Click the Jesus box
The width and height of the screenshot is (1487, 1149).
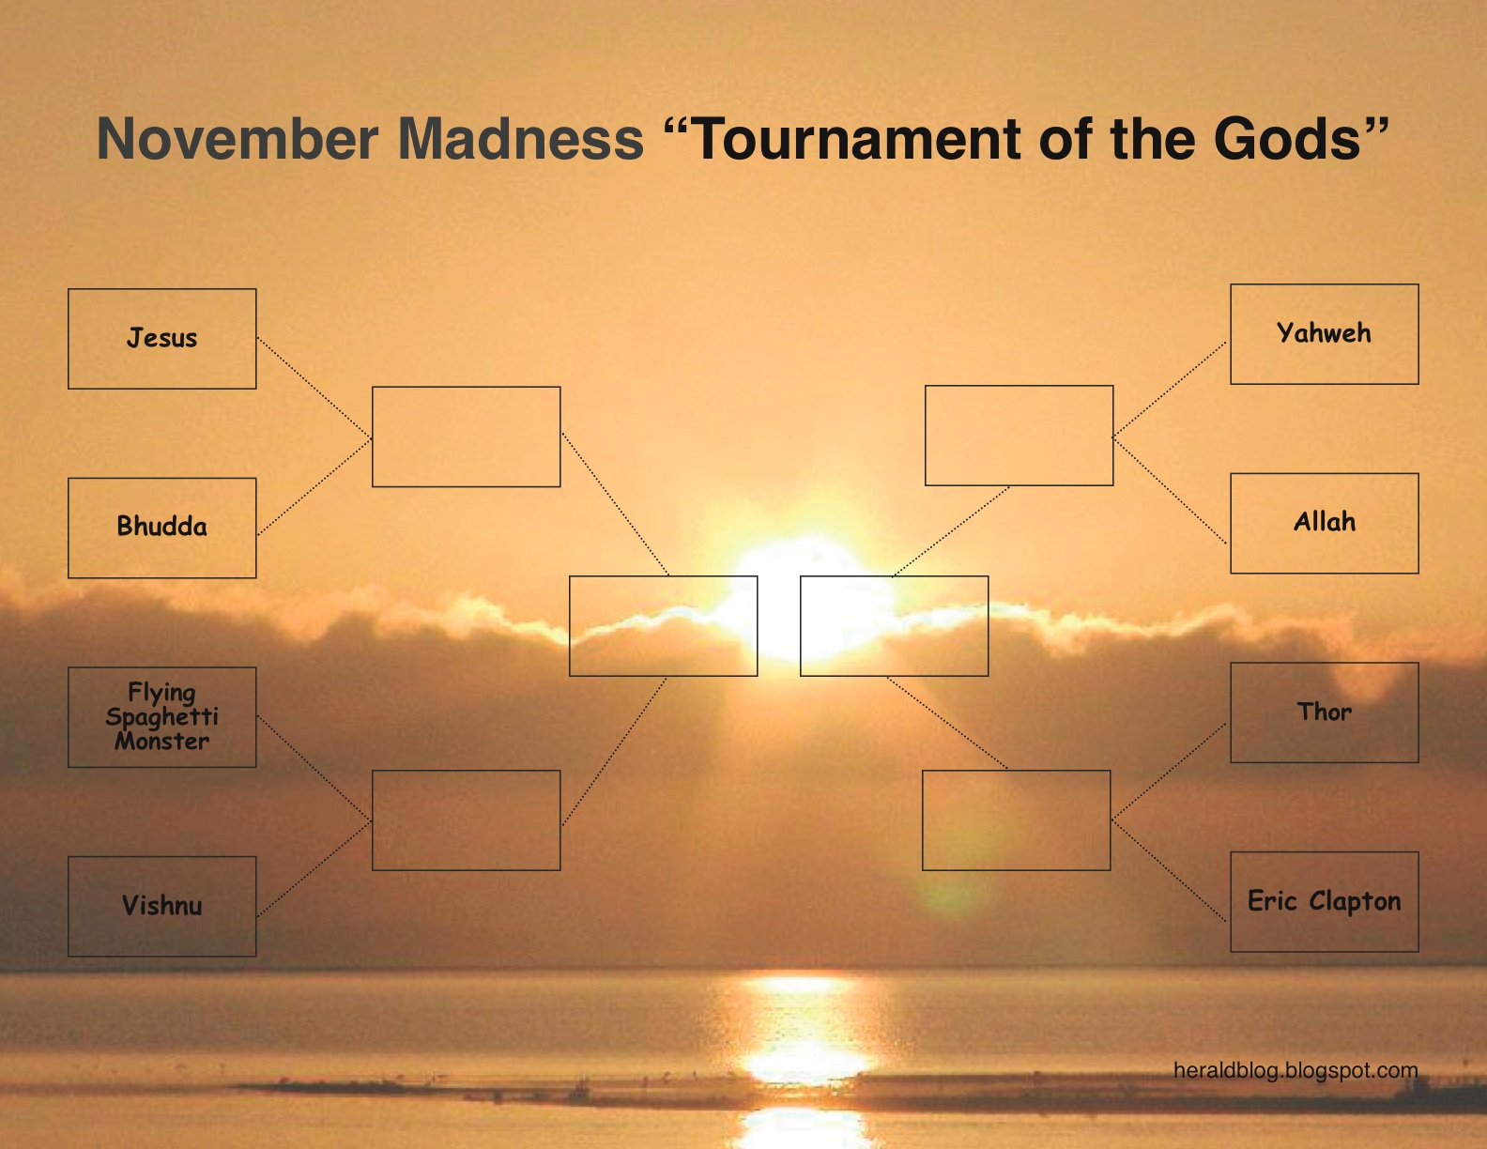[161, 339]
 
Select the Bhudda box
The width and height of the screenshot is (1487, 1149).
[161, 528]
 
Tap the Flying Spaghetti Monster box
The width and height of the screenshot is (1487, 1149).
[161, 717]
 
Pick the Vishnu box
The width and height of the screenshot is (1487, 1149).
[161, 906]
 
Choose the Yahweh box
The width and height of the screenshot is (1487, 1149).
[1324, 334]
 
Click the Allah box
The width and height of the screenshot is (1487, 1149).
[1324, 523]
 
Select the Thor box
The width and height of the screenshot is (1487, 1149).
[1324, 712]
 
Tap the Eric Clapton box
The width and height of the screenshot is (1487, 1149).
[1324, 901]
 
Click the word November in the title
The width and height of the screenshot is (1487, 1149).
[237, 139]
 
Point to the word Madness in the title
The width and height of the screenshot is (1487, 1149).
[521, 139]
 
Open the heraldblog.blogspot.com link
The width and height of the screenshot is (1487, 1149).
[1295, 1070]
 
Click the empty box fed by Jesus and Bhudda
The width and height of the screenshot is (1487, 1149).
[466, 437]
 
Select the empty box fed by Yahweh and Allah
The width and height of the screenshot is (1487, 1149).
[1019, 436]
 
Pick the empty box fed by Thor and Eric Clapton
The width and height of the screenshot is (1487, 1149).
[1016, 820]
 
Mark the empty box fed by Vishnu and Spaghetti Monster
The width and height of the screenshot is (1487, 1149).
[466, 820]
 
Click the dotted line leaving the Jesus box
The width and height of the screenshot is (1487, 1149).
[314, 389]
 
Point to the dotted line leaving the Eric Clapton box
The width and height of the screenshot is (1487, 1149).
[1170, 871]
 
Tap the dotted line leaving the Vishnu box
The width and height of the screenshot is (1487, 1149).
[314, 868]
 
